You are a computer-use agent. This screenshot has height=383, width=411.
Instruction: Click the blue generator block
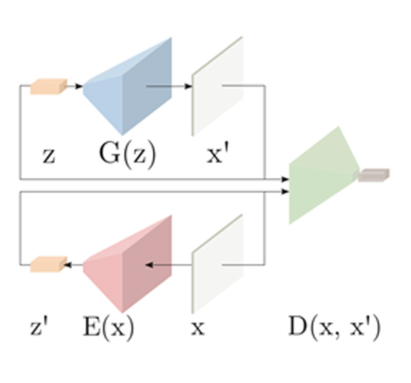127,87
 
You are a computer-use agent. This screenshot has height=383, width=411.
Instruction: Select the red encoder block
127,264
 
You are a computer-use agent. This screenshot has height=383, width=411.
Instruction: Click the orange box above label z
48,86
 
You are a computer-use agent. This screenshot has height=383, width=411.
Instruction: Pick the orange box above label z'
48,264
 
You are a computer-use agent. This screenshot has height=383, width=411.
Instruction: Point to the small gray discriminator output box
374,175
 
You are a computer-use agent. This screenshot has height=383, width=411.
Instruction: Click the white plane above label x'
218,87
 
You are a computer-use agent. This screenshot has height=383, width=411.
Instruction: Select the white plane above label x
218,264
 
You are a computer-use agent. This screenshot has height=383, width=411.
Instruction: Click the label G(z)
127,155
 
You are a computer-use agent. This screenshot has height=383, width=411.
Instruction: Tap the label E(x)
109,328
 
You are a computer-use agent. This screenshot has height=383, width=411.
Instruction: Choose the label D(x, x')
334,328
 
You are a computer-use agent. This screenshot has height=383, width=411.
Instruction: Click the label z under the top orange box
49,156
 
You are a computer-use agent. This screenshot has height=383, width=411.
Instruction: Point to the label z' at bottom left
39,326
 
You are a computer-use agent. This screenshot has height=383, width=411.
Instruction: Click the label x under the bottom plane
197,328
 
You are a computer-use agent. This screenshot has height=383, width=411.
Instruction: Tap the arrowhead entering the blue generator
79,86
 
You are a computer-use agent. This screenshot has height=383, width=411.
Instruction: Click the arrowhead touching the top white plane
188,86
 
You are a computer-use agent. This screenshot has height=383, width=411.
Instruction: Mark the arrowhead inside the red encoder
149,265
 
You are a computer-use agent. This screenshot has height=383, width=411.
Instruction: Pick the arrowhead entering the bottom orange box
68,265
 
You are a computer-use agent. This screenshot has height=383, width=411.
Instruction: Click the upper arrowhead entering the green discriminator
285,179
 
